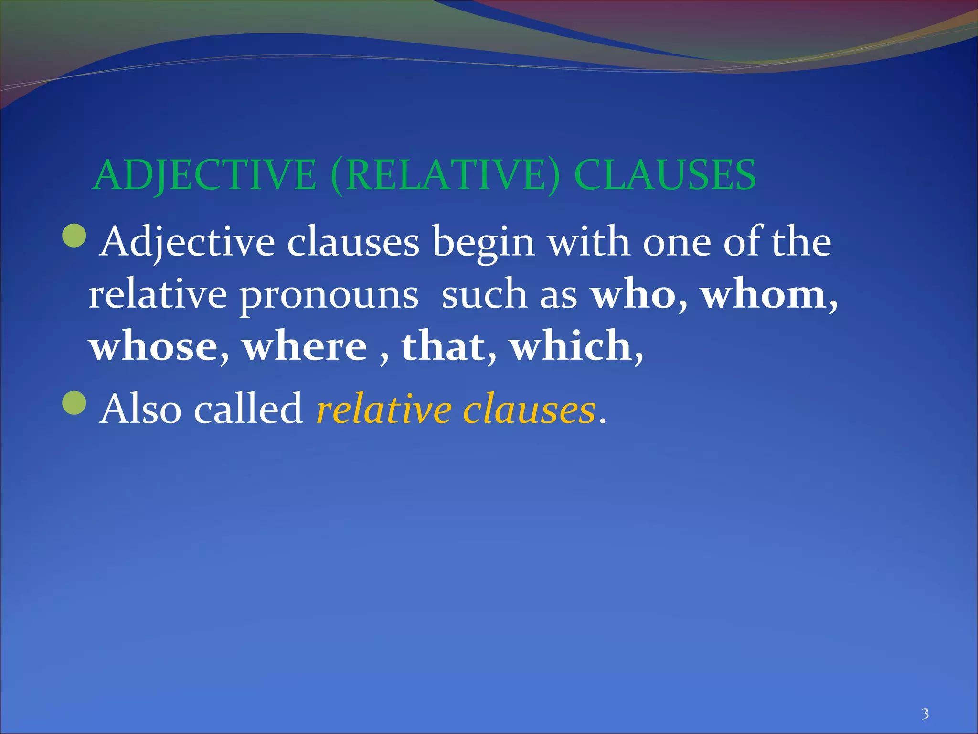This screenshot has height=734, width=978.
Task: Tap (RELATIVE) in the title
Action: tap(445, 175)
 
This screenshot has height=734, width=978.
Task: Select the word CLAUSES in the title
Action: tap(665, 175)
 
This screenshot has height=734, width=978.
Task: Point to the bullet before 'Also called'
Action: tap(74, 402)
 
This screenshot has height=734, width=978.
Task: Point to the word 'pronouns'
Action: tap(329, 294)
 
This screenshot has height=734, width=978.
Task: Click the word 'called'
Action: tap(248, 409)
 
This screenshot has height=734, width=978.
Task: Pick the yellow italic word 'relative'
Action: tap(384, 409)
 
